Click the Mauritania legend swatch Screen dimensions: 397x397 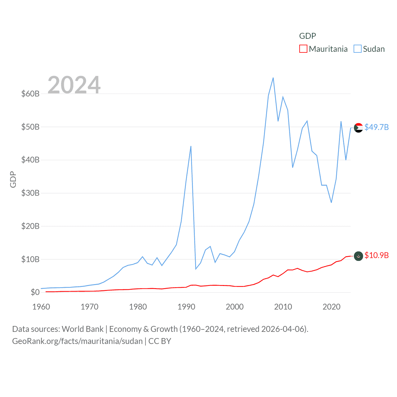303,49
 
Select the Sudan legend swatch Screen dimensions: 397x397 358,49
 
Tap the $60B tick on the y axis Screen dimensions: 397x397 30,94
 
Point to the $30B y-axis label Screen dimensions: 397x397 30,193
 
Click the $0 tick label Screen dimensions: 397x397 35,292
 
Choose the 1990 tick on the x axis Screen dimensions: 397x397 186,307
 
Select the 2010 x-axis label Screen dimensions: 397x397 283,307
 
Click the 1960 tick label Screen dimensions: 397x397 41,307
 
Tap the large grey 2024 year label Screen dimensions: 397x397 74,85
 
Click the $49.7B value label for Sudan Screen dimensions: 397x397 377,127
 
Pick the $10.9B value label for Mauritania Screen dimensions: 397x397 377,255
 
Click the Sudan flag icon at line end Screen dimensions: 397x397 359,127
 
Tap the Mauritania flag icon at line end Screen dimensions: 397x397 359,256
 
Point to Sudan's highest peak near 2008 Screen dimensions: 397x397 273,78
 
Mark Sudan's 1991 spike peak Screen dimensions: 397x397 191,146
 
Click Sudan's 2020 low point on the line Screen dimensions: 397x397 331,203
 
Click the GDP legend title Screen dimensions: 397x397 307,36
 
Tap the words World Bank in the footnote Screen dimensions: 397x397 83,329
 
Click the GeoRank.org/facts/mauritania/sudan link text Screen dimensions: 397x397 77,341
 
